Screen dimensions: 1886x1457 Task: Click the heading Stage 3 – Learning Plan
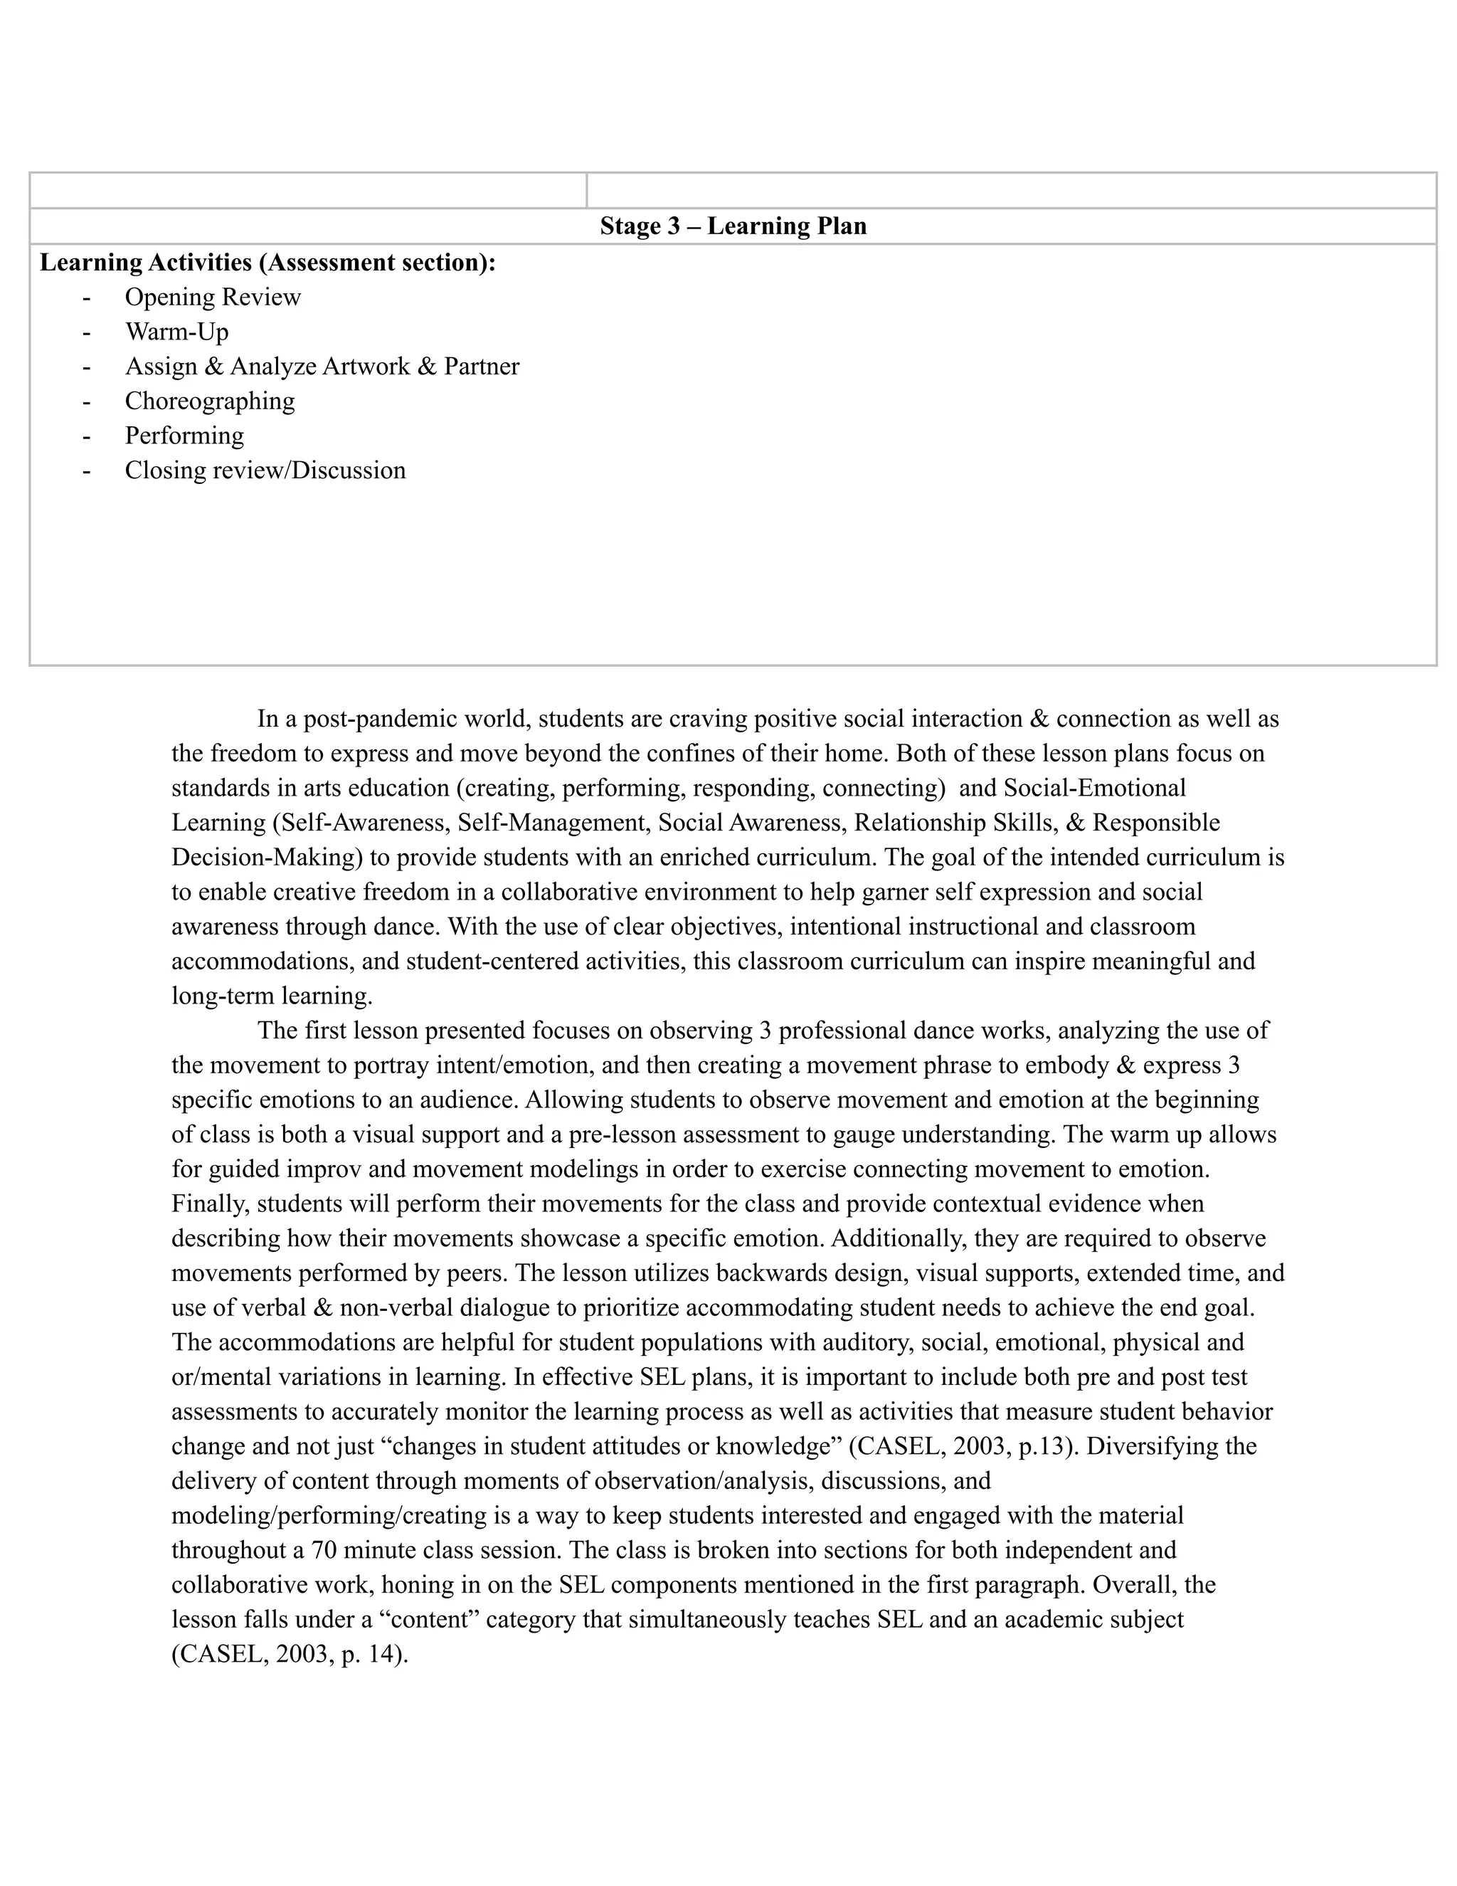pyautogui.click(x=733, y=226)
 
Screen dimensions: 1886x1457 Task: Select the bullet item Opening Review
pyautogui.click(x=212, y=297)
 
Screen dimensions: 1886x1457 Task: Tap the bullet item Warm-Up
pyautogui.click(x=176, y=332)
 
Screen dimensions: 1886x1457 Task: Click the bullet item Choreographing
pyautogui.click(x=210, y=401)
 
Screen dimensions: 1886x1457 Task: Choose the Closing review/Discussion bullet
pyautogui.click(x=265, y=470)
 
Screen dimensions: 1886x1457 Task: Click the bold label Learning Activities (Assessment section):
pyautogui.click(x=267, y=263)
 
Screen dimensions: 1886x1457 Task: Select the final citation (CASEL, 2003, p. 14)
pyautogui.click(x=289, y=1654)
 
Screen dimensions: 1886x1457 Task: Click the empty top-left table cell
pyautogui.click(x=308, y=190)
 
